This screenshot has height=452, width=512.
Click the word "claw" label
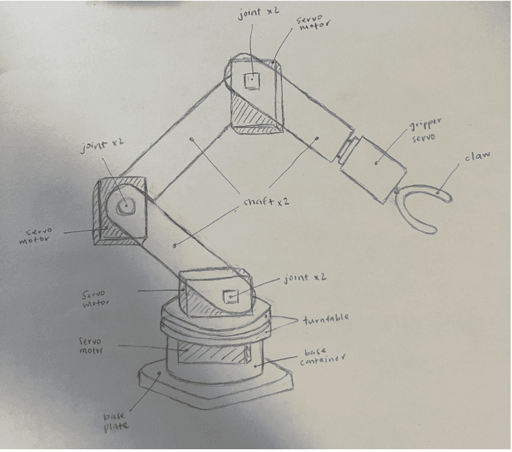coord(477,156)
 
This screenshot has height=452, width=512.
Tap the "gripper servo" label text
coord(424,130)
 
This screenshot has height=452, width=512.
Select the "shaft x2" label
coord(266,201)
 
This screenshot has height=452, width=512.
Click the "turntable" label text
coord(326,318)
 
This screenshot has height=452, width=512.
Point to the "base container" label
coord(322,357)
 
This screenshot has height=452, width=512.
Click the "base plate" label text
coord(116,422)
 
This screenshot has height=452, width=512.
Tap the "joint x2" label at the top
coord(259,13)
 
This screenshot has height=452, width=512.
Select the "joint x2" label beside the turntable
coord(305,278)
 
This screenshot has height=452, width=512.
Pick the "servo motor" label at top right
coord(313,23)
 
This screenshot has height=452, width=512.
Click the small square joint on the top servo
coord(252,80)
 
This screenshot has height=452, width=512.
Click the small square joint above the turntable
coord(231,297)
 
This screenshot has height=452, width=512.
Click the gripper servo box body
coord(373,169)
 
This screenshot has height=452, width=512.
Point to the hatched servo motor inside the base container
coord(211,352)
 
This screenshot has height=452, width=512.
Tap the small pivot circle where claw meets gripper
coord(397,191)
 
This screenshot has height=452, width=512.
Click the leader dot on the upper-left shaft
coord(192,140)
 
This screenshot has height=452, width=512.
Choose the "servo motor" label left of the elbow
coord(36,236)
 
